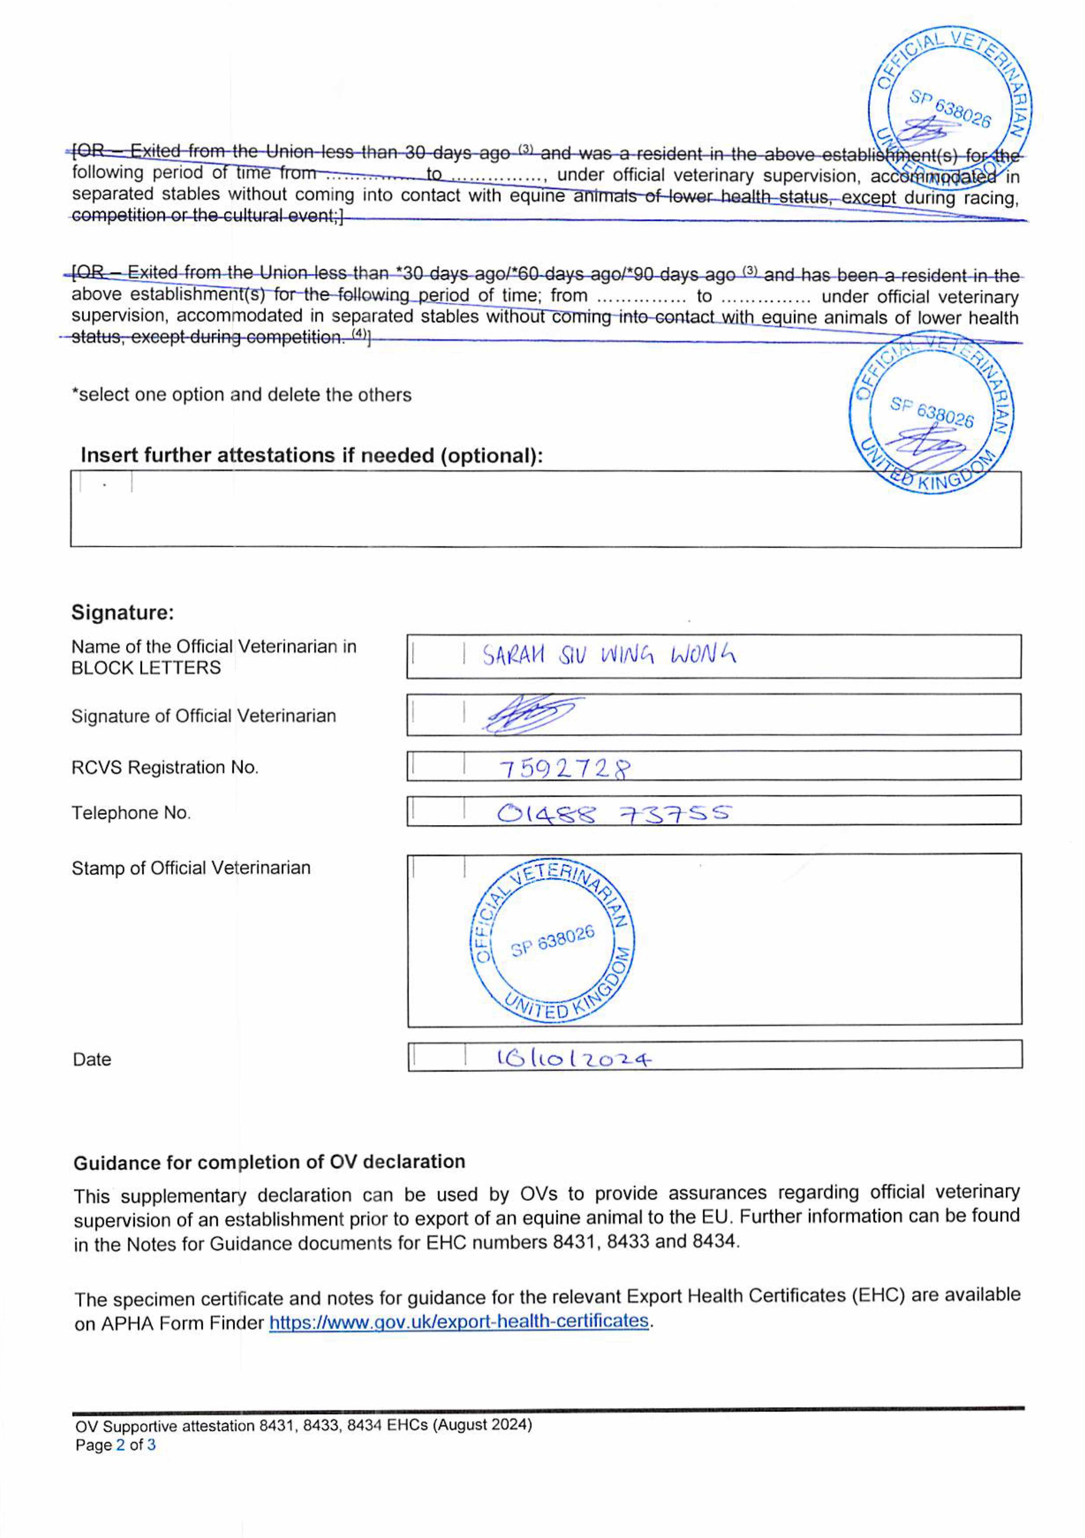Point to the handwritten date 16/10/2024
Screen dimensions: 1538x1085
[x=573, y=1058]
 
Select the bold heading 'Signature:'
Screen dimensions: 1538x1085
[x=123, y=612]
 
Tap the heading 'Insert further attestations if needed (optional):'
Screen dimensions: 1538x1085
[x=312, y=456]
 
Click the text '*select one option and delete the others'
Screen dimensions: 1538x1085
[x=241, y=395]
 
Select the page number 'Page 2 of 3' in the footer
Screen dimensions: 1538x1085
[x=115, y=1445]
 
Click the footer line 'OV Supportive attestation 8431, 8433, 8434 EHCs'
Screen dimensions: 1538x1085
[x=304, y=1425]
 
